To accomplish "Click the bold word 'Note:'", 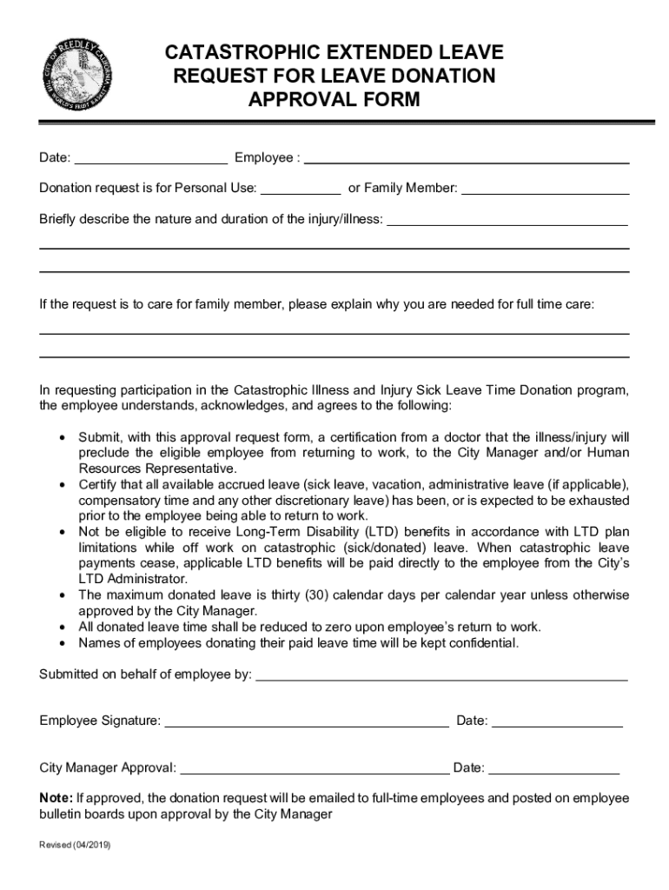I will tap(56, 798).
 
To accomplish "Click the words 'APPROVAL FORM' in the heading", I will tap(334, 100).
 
